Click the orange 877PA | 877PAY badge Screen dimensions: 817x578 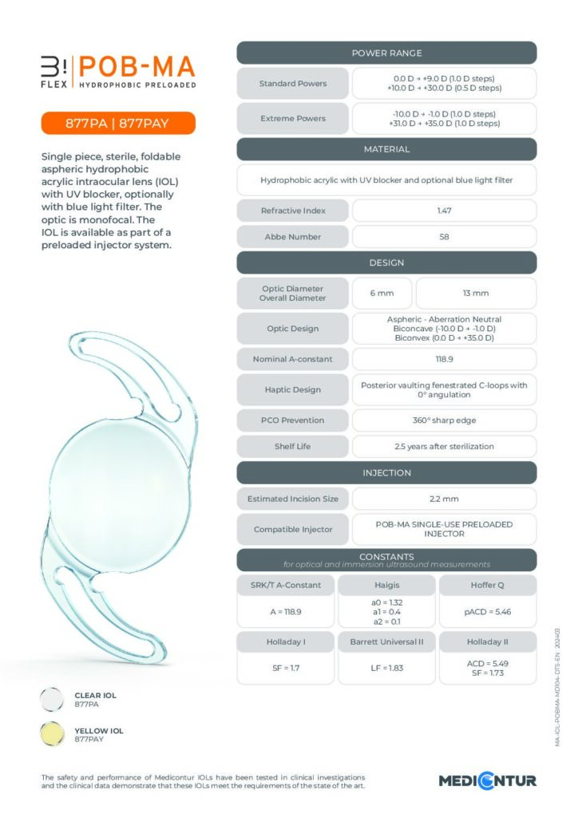coord(118,124)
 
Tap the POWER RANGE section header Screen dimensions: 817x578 coord(386,53)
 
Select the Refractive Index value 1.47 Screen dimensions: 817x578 coord(444,210)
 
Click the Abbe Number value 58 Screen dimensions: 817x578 coord(444,237)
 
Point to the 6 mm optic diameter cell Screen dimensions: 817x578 coord(382,293)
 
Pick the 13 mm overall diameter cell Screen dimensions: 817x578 coord(476,293)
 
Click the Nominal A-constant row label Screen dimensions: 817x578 coord(292,359)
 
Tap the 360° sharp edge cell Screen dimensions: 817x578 coord(444,420)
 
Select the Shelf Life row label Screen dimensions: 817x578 coord(292,447)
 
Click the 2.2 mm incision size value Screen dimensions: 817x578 coord(444,499)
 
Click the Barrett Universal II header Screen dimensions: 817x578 coord(386,641)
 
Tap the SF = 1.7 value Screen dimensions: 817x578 coord(286,667)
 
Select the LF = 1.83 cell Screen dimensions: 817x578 coord(386,667)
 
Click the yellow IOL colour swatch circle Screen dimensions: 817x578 coord(52,734)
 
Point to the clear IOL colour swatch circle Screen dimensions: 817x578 coord(52,700)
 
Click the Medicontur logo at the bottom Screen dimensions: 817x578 coord(487,780)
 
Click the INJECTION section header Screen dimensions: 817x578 coord(386,473)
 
